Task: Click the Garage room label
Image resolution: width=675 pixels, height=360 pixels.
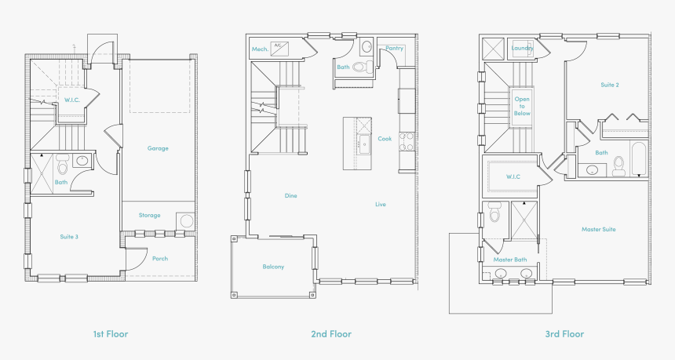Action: click(158, 148)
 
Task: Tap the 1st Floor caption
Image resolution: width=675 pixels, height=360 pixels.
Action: click(111, 334)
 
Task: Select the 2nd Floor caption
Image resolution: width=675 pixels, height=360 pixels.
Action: click(331, 334)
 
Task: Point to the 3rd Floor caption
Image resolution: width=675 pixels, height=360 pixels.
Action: click(564, 334)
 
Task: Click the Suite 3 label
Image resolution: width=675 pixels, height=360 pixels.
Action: click(69, 237)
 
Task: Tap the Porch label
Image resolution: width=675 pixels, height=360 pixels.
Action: click(159, 259)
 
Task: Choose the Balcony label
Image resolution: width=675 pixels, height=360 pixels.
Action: click(273, 267)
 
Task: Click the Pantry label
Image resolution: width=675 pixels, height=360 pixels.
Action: click(394, 48)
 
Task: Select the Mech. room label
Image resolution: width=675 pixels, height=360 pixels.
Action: click(260, 49)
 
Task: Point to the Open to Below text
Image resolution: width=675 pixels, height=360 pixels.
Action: click(522, 106)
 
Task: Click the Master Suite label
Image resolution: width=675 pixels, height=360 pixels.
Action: click(598, 229)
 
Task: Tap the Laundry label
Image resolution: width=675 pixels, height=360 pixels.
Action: click(522, 48)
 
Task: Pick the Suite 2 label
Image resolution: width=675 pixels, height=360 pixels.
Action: click(610, 85)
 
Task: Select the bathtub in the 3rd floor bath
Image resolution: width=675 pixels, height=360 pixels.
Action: click(639, 159)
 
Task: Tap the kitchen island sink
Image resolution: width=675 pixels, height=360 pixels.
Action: click(363, 141)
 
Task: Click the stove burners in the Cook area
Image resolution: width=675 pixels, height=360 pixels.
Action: click(407, 141)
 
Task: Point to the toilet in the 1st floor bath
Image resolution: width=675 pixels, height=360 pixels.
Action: click(63, 164)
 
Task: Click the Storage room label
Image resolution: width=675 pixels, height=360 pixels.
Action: click(149, 215)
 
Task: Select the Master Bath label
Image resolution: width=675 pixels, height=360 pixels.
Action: click(509, 260)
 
